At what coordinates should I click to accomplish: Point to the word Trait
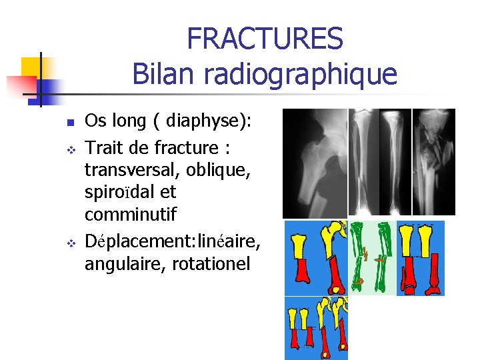(x=106, y=147)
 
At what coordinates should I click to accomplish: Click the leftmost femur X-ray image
(x=315, y=163)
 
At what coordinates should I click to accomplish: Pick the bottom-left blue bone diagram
(x=317, y=328)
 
